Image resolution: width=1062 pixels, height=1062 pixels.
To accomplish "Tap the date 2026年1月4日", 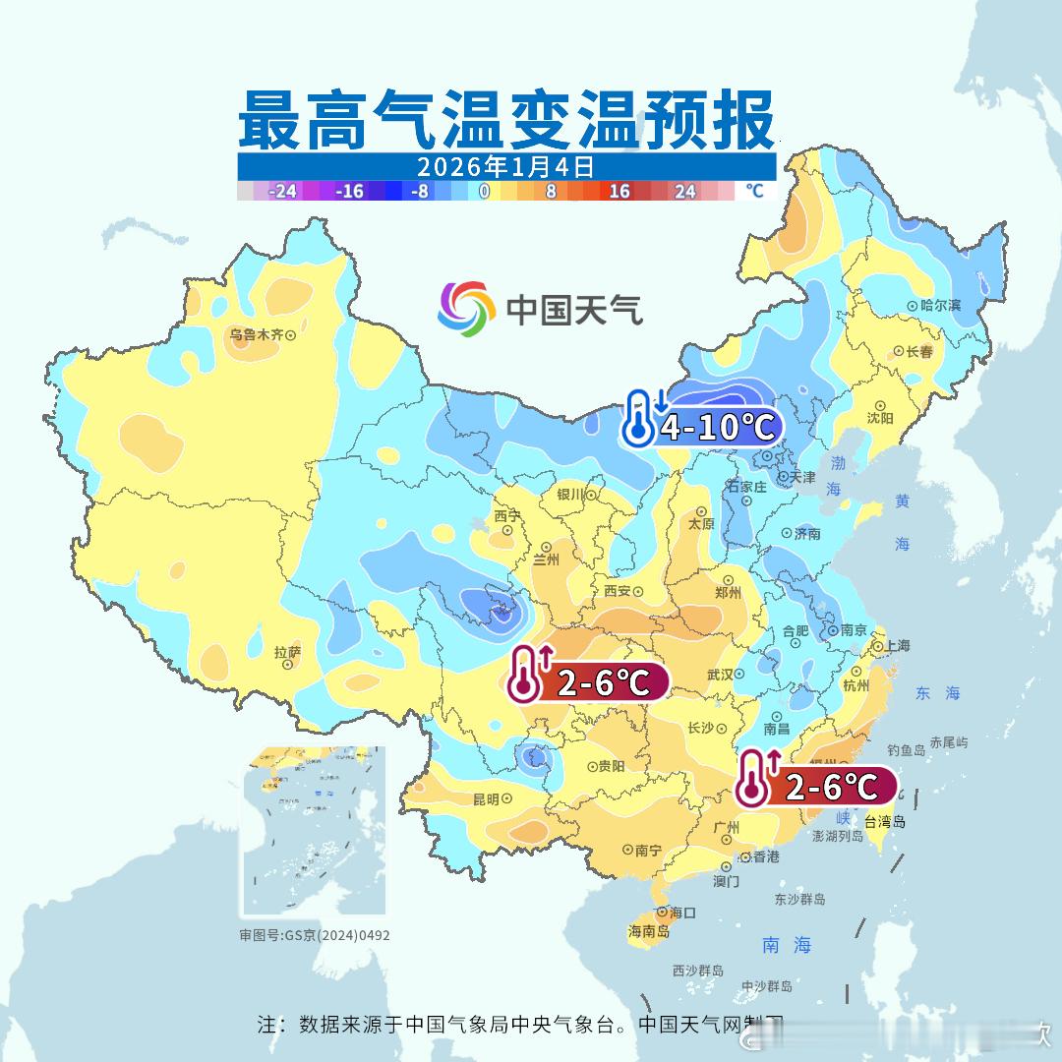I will [505, 166].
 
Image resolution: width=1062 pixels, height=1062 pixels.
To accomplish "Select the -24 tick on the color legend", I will [283, 191].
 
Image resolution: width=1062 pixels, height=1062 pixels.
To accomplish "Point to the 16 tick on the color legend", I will [619, 191].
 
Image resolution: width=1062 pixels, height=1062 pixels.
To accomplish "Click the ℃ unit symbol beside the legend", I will [753, 191].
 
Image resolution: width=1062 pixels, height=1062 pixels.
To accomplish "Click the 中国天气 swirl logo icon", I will [466, 308].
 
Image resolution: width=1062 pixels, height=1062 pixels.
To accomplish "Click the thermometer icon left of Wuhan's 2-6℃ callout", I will [526, 678].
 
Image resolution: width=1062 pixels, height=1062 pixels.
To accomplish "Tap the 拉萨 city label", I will [287, 652].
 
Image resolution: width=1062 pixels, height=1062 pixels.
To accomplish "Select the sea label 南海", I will [787, 945].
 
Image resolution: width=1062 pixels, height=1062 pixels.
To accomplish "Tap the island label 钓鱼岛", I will [905, 750].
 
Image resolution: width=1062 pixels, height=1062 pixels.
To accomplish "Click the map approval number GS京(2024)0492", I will [315, 935].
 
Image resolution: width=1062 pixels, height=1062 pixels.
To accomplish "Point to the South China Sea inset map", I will [314, 832].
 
